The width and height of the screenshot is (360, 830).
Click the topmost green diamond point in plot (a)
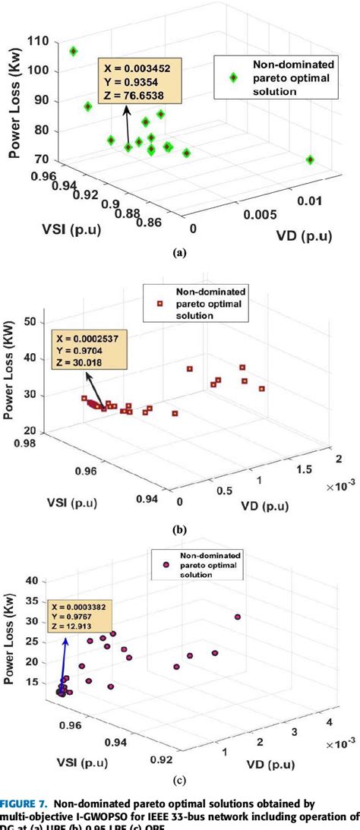pyautogui.click(x=74, y=52)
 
